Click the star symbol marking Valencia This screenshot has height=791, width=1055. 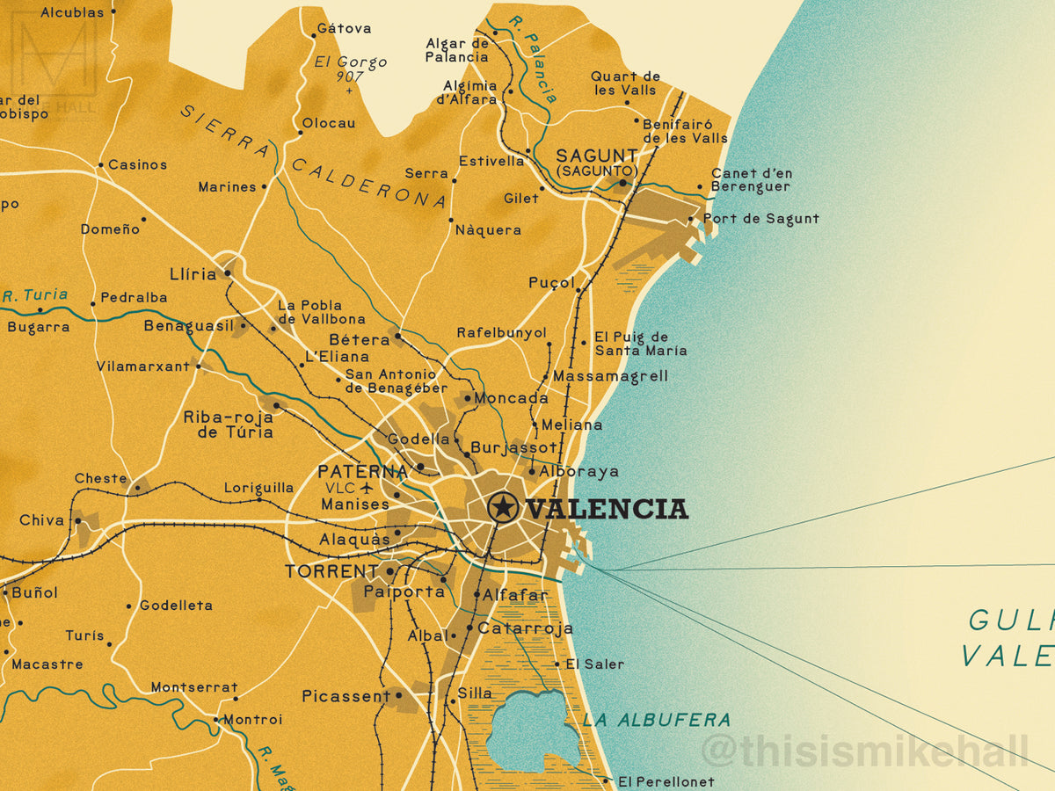503,507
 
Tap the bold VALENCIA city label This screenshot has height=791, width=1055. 606,509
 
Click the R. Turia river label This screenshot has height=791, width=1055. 35,295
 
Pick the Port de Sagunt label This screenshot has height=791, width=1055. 760,219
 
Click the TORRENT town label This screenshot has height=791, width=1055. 331,572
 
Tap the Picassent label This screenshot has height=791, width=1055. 346,696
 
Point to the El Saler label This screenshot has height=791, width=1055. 594,664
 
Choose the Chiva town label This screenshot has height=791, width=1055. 42,520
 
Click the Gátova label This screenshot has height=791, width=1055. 344,28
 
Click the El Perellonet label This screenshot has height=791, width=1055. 666,781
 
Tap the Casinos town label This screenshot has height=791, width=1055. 137,164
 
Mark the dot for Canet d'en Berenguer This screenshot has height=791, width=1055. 700,186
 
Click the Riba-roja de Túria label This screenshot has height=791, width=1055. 229,425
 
